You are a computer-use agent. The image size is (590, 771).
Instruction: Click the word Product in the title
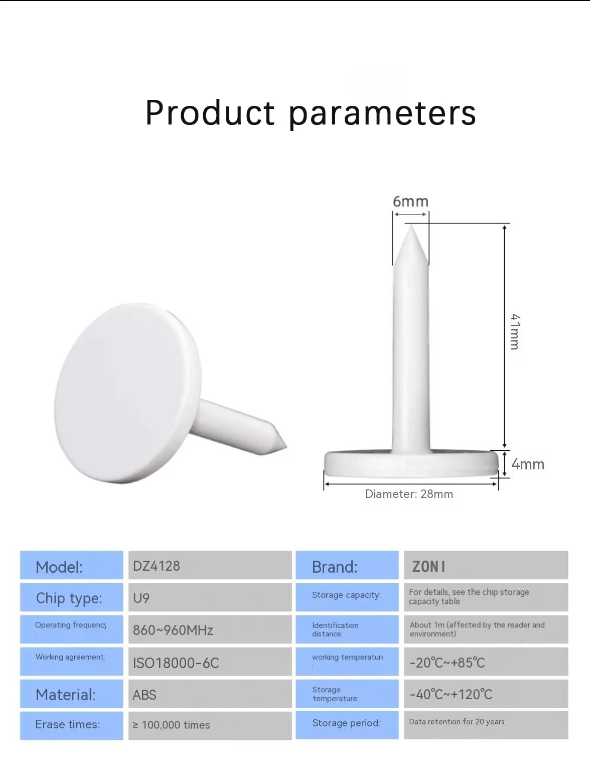tap(210, 113)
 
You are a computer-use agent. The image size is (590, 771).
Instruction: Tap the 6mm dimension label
tap(410, 202)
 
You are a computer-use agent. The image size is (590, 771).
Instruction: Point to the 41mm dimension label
tap(515, 332)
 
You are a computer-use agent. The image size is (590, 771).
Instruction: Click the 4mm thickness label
tap(527, 464)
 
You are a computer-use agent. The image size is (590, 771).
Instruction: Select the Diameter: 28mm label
tap(409, 494)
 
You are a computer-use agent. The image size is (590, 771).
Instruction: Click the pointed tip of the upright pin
tap(411, 228)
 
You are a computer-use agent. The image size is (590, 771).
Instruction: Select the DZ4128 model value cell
tap(157, 566)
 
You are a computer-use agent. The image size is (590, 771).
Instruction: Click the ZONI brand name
tap(428, 567)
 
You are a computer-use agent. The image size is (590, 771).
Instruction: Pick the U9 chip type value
tap(141, 598)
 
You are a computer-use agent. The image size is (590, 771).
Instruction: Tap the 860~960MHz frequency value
tap(173, 630)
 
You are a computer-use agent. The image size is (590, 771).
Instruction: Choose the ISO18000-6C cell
tap(176, 663)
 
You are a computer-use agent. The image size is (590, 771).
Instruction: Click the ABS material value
tap(144, 695)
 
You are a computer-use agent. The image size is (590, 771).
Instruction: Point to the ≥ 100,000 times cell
tap(171, 725)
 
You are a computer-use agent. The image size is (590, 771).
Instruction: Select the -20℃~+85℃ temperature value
tap(447, 663)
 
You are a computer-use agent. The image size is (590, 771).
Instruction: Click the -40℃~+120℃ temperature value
tap(451, 695)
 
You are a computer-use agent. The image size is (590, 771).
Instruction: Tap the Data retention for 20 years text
tap(457, 722)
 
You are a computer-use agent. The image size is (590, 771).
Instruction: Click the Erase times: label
tap(68, 724)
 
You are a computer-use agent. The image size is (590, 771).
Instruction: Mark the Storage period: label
tap(346, 723)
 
